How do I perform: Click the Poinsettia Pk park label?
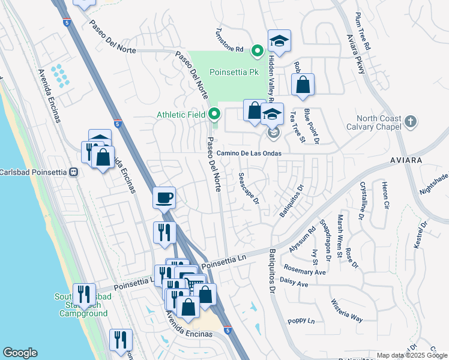click(x=234, y=72)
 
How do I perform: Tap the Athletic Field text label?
click(x=181, y=115)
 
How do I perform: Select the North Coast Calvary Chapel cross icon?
click(x=410, y=122)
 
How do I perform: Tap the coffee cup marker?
click(x=164, y=197)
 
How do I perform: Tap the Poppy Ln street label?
click(x=302, y=321)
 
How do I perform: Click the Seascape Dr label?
click(x=248, y=188)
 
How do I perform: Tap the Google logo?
click(x=20, y=353)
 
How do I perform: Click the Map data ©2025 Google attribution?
click(x=412, y=355)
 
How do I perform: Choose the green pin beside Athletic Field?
click(x=214, y=113)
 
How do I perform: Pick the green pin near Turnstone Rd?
click(x=258, y=50)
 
